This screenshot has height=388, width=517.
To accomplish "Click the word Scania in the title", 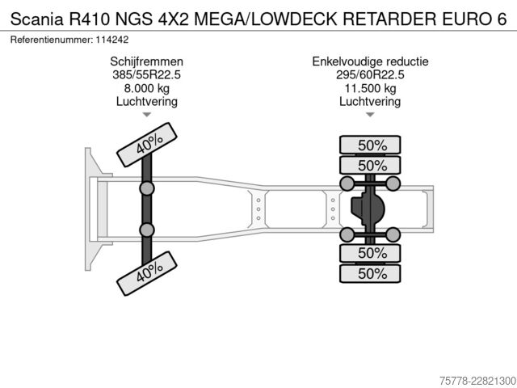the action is pyautogui.click(x=36, y=19).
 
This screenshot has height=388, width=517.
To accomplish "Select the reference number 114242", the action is pyautogui.click(x=112, y=40).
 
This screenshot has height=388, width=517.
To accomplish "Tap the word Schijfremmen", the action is pyautogui.click(x=147, y=61).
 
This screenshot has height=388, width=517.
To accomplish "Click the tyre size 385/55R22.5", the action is pyautogui.click(x=147, y=74).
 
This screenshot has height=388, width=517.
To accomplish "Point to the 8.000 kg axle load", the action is pyautogui.click(x=147, y=88).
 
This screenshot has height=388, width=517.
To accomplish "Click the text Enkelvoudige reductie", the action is pyautogui.click(x=370, y=61).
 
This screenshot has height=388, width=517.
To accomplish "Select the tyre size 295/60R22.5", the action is pyautogui.click(x=370, y=74).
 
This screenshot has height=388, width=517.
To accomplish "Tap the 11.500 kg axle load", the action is pyautogui.click(x=370, y=88).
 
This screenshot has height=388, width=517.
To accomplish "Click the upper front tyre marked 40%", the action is pyautogui.click(x=147, y=145).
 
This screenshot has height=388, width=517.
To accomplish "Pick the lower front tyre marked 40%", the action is pyautogui.click(x=147, y=273).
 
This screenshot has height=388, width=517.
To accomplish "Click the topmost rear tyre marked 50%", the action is pyautogui.click(x=370, y=145).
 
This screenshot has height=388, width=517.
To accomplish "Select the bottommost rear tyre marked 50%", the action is pyautogui.click(x=370, y=273).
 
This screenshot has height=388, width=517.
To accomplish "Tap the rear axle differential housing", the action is pyautogui.click(x=368, y=209).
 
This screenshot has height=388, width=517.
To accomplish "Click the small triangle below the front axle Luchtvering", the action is pyautogui.click(x=147, y=115).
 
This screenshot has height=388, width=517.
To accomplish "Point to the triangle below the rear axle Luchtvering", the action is pyautogui.click(x=370, y=115).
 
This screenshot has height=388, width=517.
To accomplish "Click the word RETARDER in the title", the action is pyautogui.click(x=389, y=19).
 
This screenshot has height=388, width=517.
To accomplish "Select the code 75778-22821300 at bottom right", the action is pyautogui.click(x=477, y=381).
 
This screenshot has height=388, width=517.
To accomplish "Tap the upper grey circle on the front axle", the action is pyautogui.click(x=147, y=188).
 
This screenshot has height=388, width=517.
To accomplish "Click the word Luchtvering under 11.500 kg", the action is pyautogui.click(x=370, y=102).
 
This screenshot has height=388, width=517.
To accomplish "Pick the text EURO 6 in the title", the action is pyautogui.click(x=474, y=19).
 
